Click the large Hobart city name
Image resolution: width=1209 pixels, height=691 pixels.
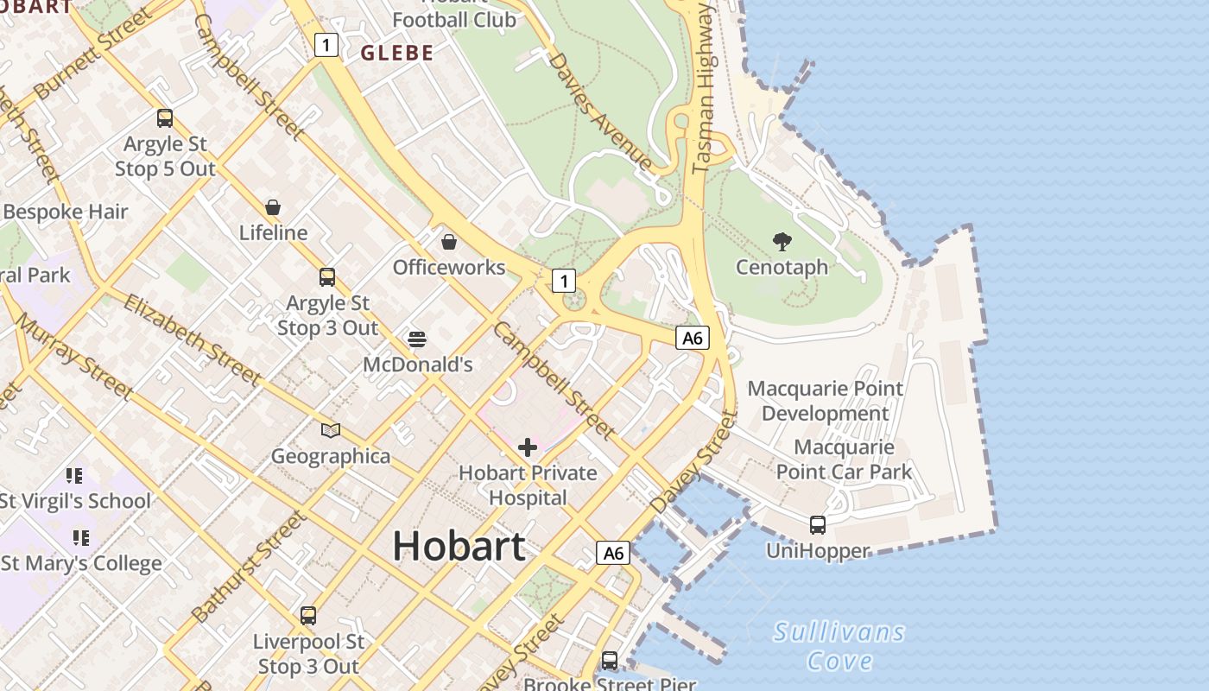click(459, 546)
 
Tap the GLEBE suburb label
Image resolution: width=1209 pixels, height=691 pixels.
click(397, 54)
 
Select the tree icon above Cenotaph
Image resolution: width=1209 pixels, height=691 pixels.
click(782, 242)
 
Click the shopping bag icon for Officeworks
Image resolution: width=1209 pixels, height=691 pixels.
click(449, 242)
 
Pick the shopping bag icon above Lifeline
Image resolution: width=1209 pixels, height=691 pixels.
click(273, 207)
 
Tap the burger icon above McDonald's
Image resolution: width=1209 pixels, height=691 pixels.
click(417, 339)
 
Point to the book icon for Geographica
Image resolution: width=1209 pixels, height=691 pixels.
click(331, 430)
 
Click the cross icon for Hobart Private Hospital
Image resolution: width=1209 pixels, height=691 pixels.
click(527, 447)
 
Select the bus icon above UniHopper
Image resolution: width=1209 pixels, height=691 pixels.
click(817, 524)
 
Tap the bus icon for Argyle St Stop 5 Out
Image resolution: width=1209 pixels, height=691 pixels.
click(165, 118)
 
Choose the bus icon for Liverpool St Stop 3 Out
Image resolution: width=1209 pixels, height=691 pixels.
click(308, 616)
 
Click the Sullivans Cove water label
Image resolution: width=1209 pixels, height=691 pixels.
click(839, 646)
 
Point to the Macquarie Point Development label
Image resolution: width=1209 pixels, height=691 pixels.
click(825, 401)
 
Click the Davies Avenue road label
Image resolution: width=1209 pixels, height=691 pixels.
click(599, 111)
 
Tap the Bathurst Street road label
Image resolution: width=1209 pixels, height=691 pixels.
click(249, 567)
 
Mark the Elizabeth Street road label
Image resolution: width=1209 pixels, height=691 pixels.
click(192, 339)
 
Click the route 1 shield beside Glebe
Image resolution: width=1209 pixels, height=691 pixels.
click(326, 45)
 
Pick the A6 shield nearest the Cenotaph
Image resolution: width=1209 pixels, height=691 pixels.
click(692, 338)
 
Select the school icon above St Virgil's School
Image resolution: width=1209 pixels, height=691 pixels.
click(74, 476)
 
